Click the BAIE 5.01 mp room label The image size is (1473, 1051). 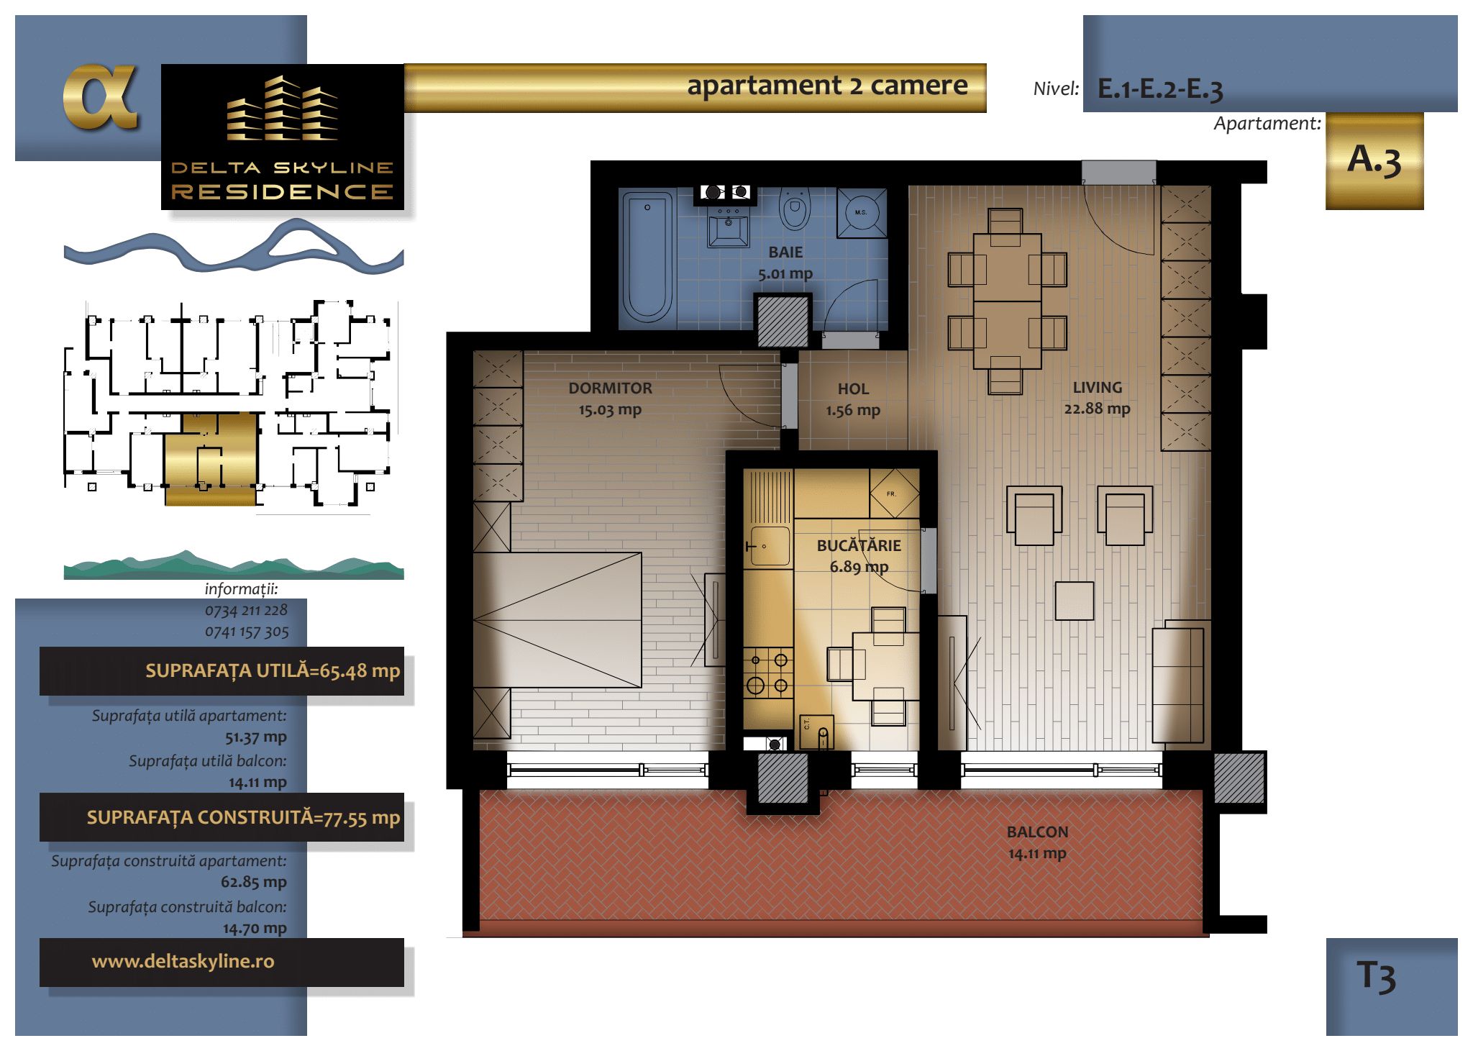tap(785, 263)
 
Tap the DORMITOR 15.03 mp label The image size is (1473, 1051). tap(610, 399)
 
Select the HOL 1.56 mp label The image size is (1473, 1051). tap(853, 399)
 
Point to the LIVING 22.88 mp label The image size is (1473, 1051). tap(1097, 398)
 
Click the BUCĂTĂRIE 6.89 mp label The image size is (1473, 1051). tap(859, 555)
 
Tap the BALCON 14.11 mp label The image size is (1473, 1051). tap(1037, 842)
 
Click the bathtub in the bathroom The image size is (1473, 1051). tap(647, 257)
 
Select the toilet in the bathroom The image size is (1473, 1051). tap(795, 208)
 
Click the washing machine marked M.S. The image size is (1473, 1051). tap(861, 212)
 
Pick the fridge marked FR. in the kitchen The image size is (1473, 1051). tap(894, 493)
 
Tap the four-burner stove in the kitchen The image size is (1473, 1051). tap(768, 673)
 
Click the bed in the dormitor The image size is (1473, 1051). tap(557, 620)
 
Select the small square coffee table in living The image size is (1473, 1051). tap(1075, 601)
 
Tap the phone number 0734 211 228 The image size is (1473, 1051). tap(246, 611)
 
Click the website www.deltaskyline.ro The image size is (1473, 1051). tap(183, 961)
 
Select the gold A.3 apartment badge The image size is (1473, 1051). tap(1374, 161)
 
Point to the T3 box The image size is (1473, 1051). tap(1392, 986)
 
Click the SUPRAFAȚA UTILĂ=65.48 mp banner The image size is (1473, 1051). tap(222, 671)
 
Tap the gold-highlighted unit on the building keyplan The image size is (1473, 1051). tap(211, 459)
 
